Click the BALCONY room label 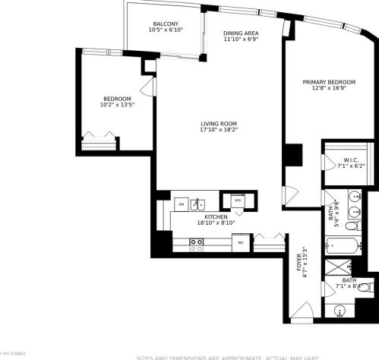click(x=164, y=24)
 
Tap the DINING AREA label click(x=242, y=34)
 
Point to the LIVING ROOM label click(x=219, y=124)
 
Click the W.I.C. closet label click(x=350, y=159)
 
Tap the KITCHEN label click(x=217, y=216)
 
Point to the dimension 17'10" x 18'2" click(x=219, y=131)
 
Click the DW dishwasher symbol click(x=181, y=204)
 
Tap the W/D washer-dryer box click(x=237, y=201)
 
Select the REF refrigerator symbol click(x=241, y=243)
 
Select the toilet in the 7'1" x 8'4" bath click(x=363, y=288)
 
